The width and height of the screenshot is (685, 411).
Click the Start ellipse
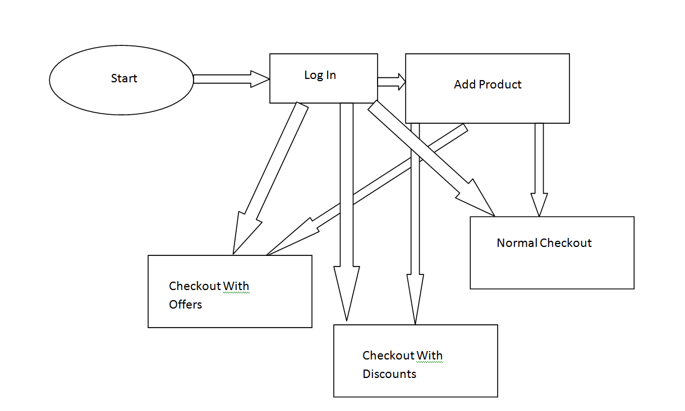[x=122, y=80]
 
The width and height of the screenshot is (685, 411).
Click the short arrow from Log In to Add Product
[x=391, y=82]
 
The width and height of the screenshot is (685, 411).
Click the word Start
[x=124, y=78]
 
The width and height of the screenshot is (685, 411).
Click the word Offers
[x=185, y=305]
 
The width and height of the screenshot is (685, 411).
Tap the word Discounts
[x=389, y=374]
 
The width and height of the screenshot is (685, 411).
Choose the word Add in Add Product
[x=465, y=85]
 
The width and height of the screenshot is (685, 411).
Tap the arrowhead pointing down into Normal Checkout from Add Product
[x=539, y=205]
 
